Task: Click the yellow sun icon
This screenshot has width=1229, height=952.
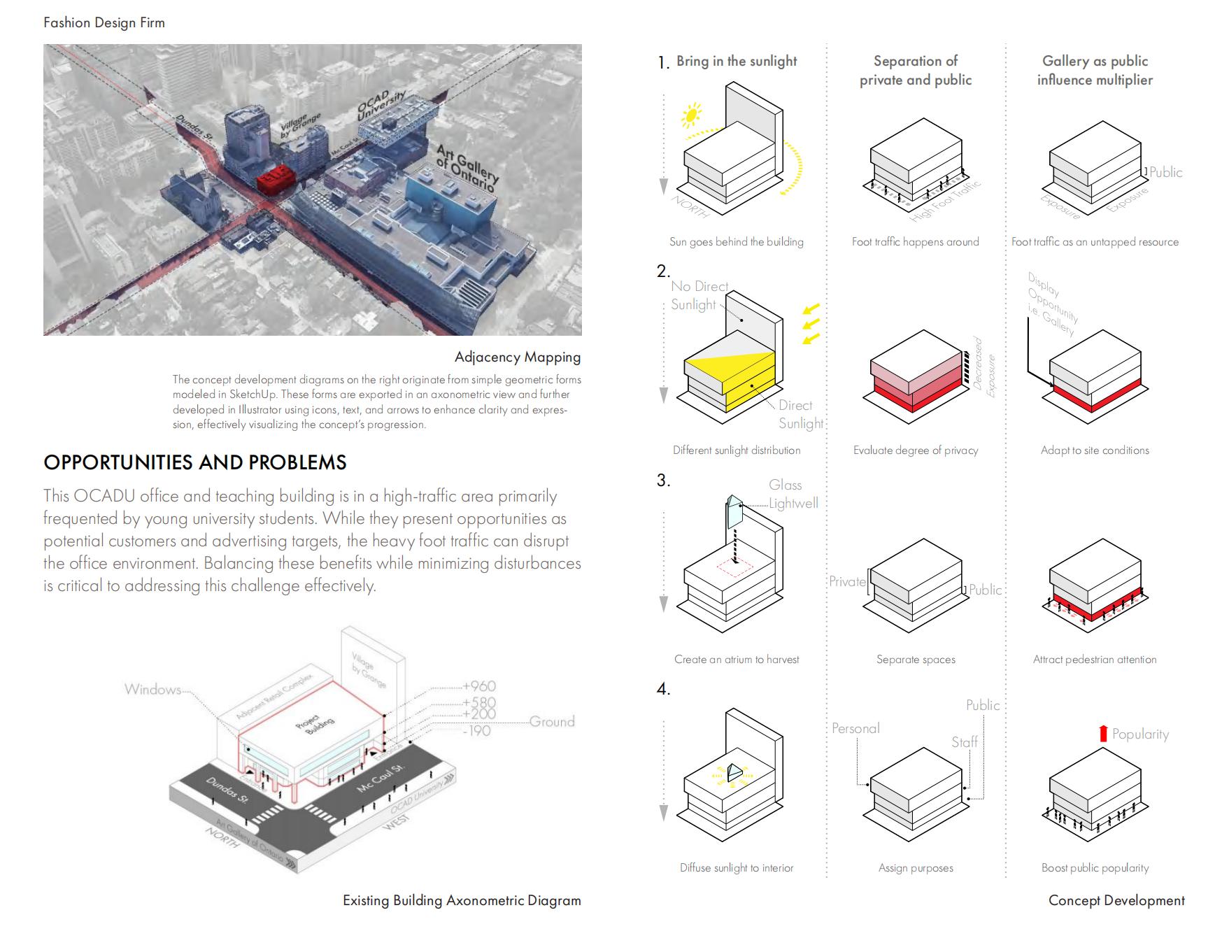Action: (x=692, y=115)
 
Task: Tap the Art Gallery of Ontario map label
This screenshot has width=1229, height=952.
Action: (x=467, y=168)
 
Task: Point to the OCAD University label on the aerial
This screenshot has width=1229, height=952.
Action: (x=382, y=106)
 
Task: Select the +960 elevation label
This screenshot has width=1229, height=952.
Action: (x=479, y=686)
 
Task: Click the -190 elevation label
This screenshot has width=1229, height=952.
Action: (x=476, y=731)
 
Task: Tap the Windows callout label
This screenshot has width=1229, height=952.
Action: (x=152, y=690)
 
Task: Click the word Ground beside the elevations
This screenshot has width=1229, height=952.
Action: (x=552, y=721)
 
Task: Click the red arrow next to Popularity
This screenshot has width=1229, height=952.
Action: (x=1103, y=733)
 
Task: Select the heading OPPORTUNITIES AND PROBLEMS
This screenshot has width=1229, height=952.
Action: (x=194, y=462)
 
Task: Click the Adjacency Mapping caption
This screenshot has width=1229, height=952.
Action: (x=517, y=357)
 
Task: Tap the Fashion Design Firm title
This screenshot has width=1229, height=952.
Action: (x=104, y=22)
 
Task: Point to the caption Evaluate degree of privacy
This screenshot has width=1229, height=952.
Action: (x=915, y=450)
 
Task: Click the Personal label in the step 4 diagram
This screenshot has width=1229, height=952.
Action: (x=855, y=728)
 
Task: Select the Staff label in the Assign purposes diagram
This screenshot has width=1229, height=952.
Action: (x=964, y=742)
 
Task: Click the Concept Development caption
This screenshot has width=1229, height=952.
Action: (x=1116, y=900)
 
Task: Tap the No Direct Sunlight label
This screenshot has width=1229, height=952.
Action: (x=698, y=295)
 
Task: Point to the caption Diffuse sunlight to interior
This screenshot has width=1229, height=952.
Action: (x=736, y=868)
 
